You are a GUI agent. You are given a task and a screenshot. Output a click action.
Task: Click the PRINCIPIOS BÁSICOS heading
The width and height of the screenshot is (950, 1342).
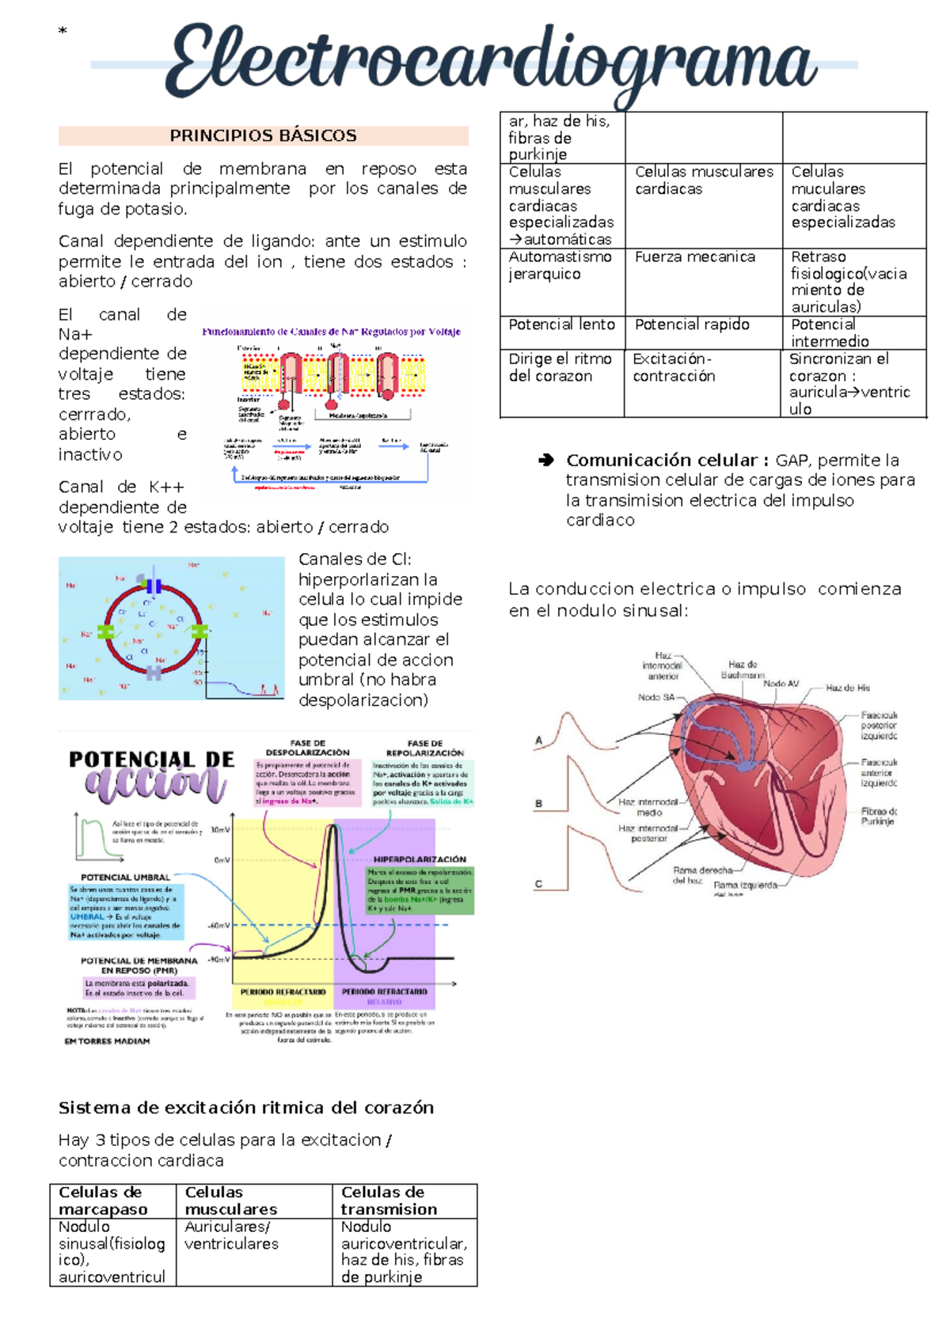pos(263,135)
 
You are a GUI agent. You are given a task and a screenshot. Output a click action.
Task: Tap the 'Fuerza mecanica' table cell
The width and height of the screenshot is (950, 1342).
pos(695,257)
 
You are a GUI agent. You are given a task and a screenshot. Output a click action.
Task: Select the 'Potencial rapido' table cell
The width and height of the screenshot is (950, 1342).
pos(692,324)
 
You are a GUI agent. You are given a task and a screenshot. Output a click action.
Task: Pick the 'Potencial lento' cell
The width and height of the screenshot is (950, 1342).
pos(561,324)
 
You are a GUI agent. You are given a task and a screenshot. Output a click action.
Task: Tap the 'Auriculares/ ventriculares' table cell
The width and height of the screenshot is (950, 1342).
pos(231,1235)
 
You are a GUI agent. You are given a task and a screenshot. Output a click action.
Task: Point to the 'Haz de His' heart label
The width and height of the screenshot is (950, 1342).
pos(847,688)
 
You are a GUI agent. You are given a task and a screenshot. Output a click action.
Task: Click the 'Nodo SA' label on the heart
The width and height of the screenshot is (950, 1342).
pos(656,697)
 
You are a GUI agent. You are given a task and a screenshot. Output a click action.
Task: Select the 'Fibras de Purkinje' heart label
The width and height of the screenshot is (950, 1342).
pos(879,816)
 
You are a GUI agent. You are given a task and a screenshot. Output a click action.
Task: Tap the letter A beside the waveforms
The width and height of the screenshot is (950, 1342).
pos(539,741)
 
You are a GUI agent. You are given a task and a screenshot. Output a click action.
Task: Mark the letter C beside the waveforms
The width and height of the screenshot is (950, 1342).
pos(538,884)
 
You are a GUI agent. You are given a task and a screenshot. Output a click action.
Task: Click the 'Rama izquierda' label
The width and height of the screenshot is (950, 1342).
pos(745,885)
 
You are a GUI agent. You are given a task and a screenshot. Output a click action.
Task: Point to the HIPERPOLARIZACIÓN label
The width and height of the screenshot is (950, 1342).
pos(420,859)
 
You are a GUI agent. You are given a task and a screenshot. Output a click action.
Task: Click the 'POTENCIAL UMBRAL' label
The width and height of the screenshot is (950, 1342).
pos(125,878)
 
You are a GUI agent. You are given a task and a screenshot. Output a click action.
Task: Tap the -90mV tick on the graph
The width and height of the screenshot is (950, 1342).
pos(218,959)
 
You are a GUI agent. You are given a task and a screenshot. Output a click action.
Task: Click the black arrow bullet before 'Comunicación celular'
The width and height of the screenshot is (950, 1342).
pos(545,460)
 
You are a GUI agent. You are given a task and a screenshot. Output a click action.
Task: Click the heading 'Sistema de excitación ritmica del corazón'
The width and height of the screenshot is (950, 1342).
pos(245,1107)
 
